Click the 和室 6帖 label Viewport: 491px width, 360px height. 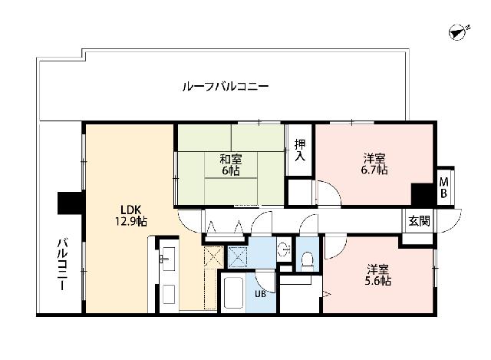tap(231, 165)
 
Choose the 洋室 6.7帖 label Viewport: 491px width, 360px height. tap(374, 164)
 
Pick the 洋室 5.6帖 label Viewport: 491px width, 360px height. tap(378, 275)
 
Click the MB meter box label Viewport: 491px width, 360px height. tap(443, 187)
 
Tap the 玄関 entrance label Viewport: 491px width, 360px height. tap(419, 220)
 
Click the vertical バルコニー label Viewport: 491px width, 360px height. tap(60, 264)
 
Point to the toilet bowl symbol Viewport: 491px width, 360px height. tap(308, 259)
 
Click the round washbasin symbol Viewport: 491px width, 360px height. tap(283, 248)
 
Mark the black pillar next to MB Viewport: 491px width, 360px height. tap(421, 193)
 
